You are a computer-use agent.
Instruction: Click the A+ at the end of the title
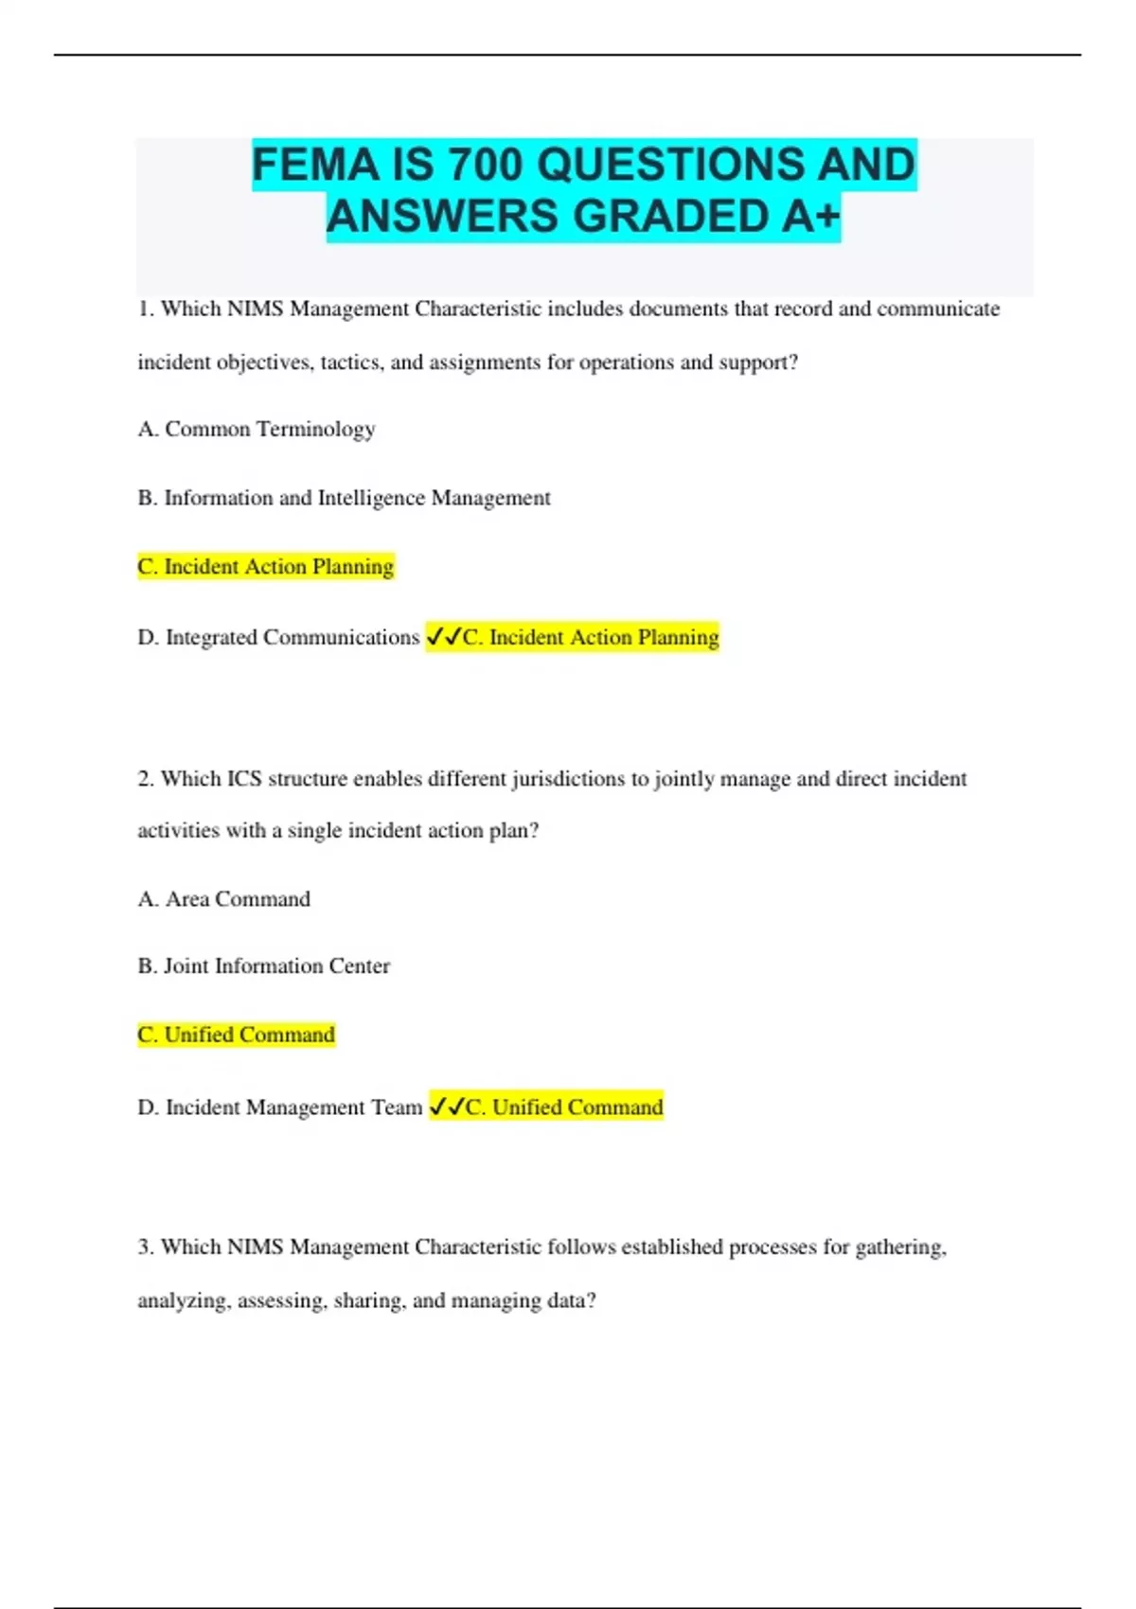[x=811, y=217]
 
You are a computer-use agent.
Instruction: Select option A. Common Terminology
[x=257, y=430]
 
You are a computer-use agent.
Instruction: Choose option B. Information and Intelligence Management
[x=344, y=498]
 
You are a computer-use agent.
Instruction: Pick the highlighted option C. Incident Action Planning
[x=265, y=567]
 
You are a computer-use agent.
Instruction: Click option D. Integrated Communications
[x=278, y=637]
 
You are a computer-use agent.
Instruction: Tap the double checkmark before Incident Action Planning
[x=443, y=637]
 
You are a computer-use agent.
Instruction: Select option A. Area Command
[x=223, y=899]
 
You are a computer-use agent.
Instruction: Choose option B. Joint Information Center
[x=263, y=966]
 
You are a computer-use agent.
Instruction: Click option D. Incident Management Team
[x=279, y=1107]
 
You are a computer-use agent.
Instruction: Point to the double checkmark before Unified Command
[x=447, y=1106]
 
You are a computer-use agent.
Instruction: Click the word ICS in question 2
[x=243, y=779]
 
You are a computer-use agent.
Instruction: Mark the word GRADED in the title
[x=675, y=217]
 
